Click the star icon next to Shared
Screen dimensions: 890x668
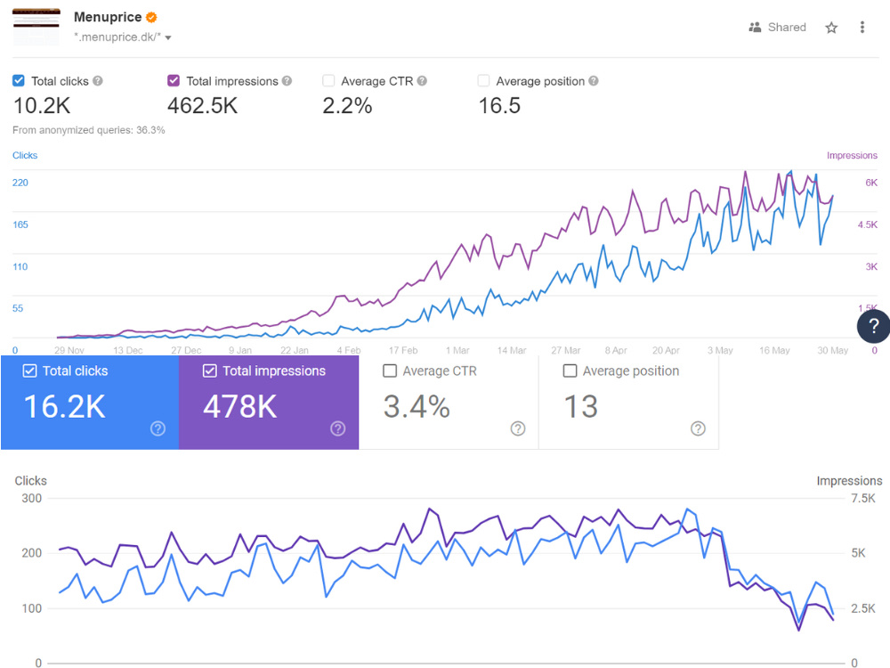point(831,28)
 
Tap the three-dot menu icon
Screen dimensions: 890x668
point(862,28)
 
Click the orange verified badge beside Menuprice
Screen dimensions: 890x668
point(151,18)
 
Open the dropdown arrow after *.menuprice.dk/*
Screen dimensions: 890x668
point(168,38)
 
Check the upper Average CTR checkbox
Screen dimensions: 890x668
point(328,81)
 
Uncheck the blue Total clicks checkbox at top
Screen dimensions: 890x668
point(19,81)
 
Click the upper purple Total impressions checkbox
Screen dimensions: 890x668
point(174,81)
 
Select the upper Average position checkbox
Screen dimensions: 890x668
point(483,81)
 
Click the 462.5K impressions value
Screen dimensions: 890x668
point(203,106)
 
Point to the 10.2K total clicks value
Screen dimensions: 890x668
point(42,106)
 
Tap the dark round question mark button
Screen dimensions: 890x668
point(873,326)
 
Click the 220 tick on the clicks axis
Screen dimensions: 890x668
point(20,183)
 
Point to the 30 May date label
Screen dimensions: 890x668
point(833,350)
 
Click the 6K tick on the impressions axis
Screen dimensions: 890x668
point(871,183)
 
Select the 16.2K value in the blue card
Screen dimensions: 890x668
point(65,407)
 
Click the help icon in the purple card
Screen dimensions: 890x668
point(337,428)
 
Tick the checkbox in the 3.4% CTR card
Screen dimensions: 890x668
point(390,371)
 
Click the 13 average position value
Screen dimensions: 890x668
point(580,407)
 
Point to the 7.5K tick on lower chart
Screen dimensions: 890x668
point(862,498)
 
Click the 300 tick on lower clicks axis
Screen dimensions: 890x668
point(32,498)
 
